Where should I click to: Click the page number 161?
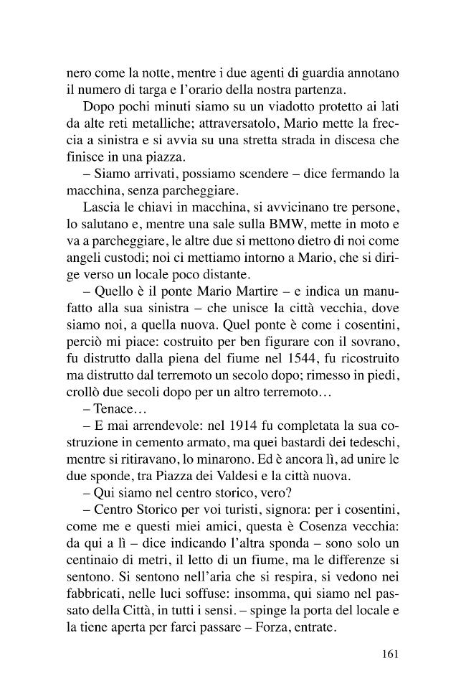click(x=385, y=655)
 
